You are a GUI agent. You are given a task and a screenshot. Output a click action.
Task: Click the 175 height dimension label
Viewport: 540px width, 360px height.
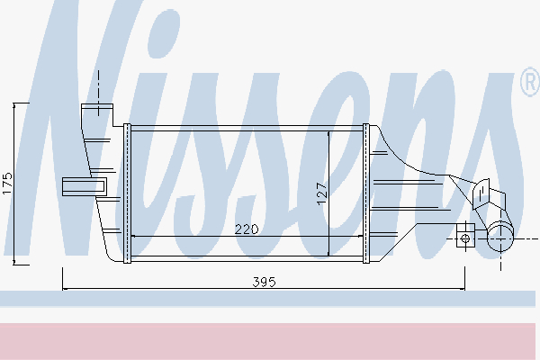7,184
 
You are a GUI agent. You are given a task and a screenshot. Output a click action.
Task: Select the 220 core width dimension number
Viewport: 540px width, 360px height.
247,229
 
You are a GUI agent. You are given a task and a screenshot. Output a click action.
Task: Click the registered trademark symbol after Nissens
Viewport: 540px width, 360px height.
527,84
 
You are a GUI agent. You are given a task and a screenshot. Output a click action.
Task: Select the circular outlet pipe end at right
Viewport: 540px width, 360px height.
500,239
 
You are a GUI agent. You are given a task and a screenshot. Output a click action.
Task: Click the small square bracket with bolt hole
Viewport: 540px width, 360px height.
465,238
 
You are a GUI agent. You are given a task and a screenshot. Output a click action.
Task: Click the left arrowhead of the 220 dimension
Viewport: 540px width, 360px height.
135,236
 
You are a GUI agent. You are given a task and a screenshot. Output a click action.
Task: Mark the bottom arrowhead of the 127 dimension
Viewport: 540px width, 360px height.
330,254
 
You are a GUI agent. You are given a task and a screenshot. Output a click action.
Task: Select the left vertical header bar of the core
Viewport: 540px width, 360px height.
128,193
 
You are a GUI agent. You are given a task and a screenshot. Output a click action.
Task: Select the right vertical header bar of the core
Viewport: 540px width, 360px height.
366,193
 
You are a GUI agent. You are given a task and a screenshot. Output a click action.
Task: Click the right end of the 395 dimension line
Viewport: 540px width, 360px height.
465,289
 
